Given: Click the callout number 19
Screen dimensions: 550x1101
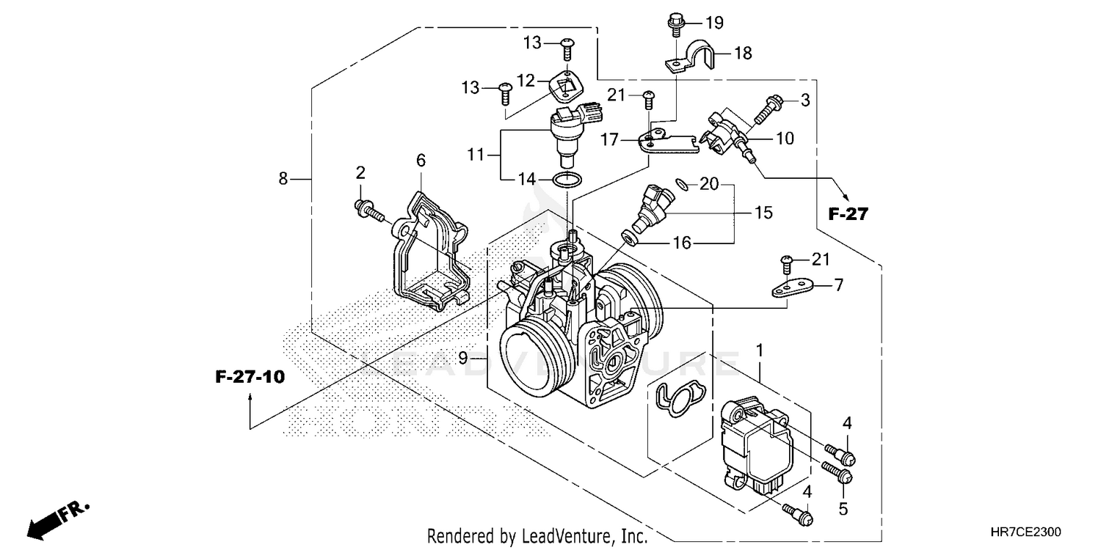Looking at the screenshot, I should click(x=714, y=23).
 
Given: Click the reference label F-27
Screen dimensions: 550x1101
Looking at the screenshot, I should click(x=848, y=214).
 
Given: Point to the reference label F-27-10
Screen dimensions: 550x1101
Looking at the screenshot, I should click(x=250, y=378).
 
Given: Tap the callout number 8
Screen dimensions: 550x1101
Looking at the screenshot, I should click(x=283, y=177).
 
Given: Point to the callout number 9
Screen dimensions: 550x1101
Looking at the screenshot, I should click(x=462, y=358).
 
